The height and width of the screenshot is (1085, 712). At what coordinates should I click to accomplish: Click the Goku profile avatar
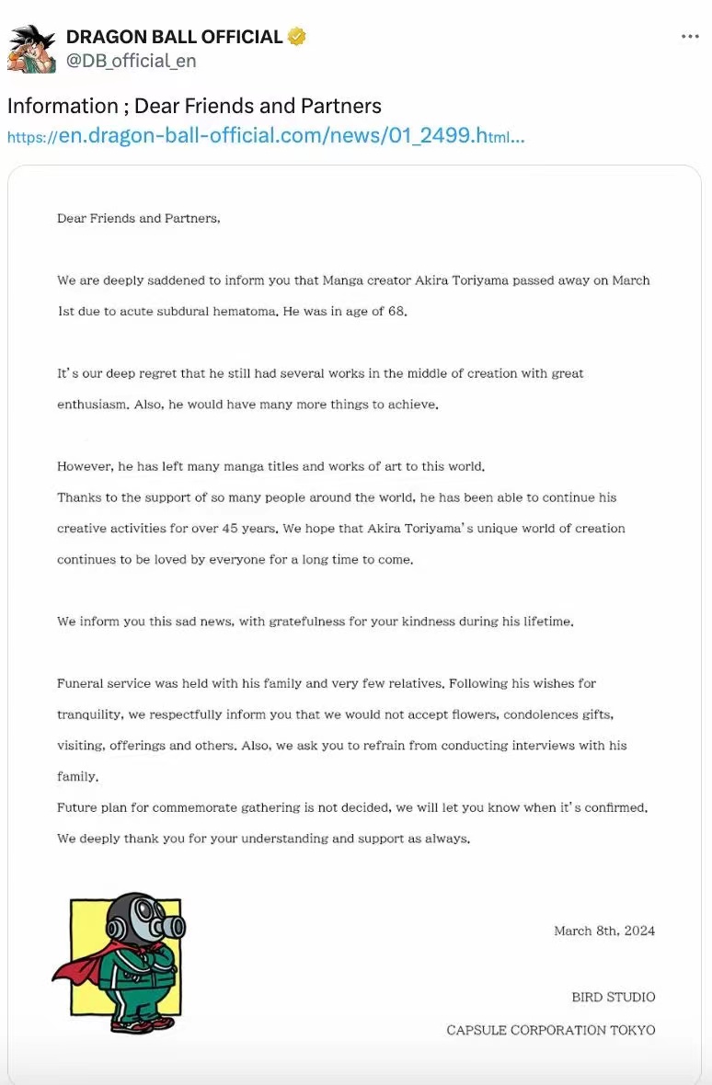point(31,49)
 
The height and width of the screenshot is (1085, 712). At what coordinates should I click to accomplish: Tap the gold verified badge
point(296,37)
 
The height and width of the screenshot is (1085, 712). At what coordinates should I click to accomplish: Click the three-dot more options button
point(690,37)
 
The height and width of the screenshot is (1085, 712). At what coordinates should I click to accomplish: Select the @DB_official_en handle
point(131,61)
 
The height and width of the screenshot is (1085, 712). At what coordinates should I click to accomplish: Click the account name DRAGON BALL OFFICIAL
point(174,37)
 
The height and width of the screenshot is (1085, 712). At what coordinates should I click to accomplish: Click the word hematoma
point(242,311)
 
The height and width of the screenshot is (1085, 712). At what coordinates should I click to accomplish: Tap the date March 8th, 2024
point(604,931)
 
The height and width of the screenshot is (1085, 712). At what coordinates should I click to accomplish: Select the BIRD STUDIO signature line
point(613,997)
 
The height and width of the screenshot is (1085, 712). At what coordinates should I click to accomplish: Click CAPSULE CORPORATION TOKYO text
point(551,1030)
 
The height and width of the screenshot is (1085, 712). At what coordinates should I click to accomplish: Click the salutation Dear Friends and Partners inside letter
point(139,218)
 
